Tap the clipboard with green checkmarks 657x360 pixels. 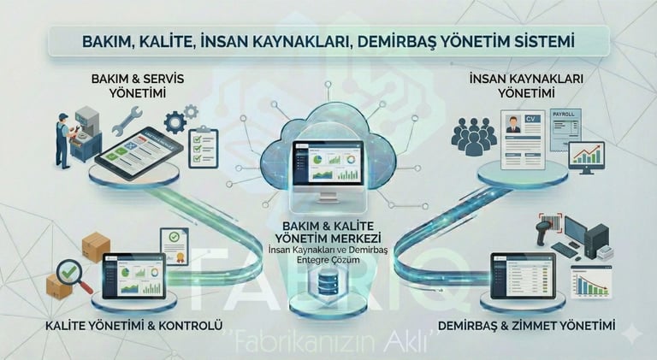[x=204, y=146]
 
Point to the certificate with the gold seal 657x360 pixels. [x=174, y=245]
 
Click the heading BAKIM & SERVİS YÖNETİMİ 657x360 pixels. [x=138, y=86]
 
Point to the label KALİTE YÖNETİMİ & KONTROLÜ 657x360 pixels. [x=135, y=326]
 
